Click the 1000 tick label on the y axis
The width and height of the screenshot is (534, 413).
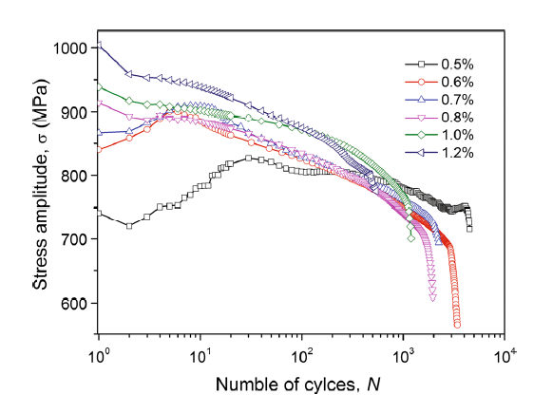coord(71,48)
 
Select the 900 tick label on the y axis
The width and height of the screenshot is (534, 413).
coord(75,112)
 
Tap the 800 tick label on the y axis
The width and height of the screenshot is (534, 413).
coord(75,176)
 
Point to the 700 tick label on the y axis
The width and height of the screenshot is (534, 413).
coord(75,240)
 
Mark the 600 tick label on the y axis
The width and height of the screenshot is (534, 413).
coord(75,304)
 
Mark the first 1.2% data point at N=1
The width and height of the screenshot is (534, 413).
coord(98,45)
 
